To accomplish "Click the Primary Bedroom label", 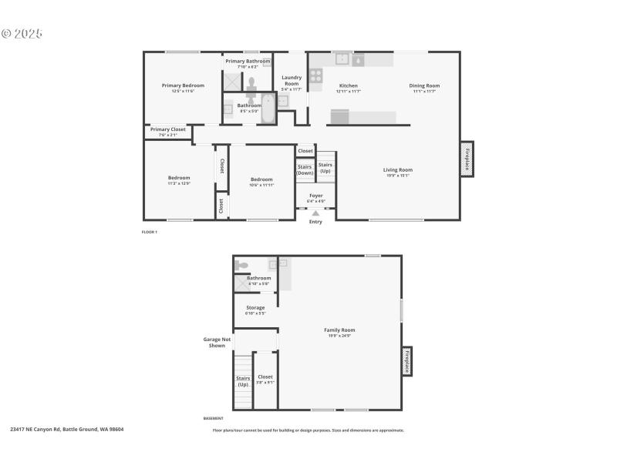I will point(183,85).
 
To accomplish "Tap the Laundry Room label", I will point(292,79).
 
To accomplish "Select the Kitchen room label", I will point(348,85).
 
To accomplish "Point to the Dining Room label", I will point(424,85).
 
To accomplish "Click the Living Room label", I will point(398,169).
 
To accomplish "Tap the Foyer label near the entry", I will point(315,196).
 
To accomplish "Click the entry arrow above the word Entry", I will point(315,213).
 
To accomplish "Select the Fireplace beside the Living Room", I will point(467,159).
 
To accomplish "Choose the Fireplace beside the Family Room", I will point(406,360).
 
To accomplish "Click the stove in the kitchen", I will point(315,75).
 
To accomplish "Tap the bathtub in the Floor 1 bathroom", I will point(268,108).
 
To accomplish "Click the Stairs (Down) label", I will point(305,170).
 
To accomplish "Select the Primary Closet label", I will point(167,130).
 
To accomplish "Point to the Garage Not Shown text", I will point(217,342).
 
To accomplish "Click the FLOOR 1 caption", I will point(150,232).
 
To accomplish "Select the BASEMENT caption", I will point(214,418).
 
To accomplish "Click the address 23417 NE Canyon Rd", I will point(67,429).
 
